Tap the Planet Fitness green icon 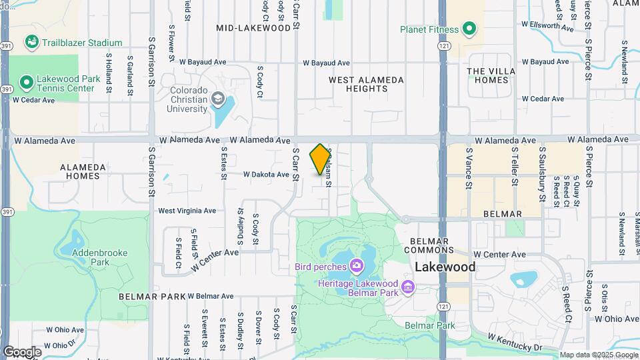pyautogui.click(x=469, y=29)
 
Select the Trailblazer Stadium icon pyautogui.click(x=31, y=43)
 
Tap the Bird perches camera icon pyautogui.click(x=357, y=267)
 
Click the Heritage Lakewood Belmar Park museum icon pyautogui.click(x=409, y=289)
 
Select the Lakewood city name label pyautogui.click(x=445, y=267)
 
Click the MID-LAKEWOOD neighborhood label pyautogui.click(x=254, y=28)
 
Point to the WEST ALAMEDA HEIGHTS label pyautogui.click(x=366, y=84)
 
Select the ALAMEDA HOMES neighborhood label pyautogui.click(x=83, y=171)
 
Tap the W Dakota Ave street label pyautogui.click(x=266, y=175)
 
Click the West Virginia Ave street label pyautogui.click(x=187, y=211)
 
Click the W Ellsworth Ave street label pyautogui.click(x=547, y=27)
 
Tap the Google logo pyautogui.click(x=21, y=351)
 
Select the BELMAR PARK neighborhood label pyautogui.click(x=152, y=295)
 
